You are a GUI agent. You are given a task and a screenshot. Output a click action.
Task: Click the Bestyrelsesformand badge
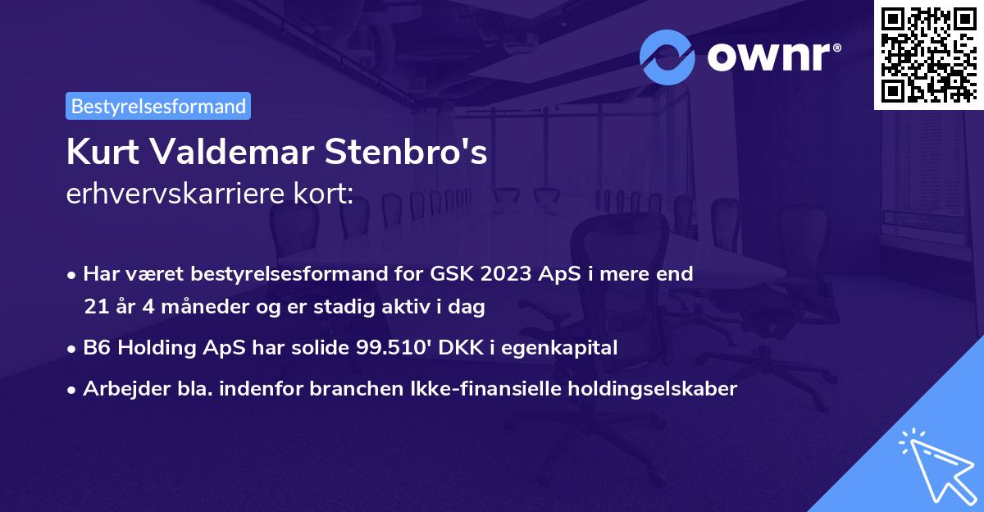pos(158,106)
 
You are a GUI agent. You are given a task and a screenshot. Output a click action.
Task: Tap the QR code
pos(928,54)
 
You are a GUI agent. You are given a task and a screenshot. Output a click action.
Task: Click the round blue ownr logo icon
pos(667,57)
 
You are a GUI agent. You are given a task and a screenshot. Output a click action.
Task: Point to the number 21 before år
pos(95,308)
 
